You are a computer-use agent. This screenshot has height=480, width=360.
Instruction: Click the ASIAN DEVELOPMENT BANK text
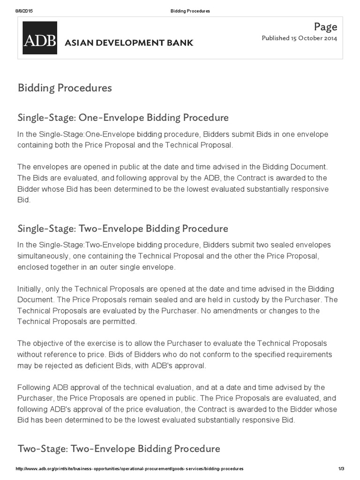(x=128, y=43)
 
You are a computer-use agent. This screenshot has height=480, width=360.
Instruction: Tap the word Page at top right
(x=326, y=27)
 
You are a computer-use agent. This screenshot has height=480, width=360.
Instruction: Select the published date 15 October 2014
(x=314, y=38)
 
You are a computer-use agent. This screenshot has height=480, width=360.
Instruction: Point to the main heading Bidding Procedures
(x=65, y=88)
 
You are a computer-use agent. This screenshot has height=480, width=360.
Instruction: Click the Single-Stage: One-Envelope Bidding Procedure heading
(x=123, y=117)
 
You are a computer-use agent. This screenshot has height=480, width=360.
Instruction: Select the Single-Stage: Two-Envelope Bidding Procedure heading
(x=123, y=228)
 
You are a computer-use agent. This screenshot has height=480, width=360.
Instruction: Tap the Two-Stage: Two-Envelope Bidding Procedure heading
(x=119, y=449)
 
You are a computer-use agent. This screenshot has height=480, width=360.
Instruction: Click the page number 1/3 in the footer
(x=341, y=469)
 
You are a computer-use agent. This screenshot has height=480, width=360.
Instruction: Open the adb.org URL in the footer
(x=130, y=469)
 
